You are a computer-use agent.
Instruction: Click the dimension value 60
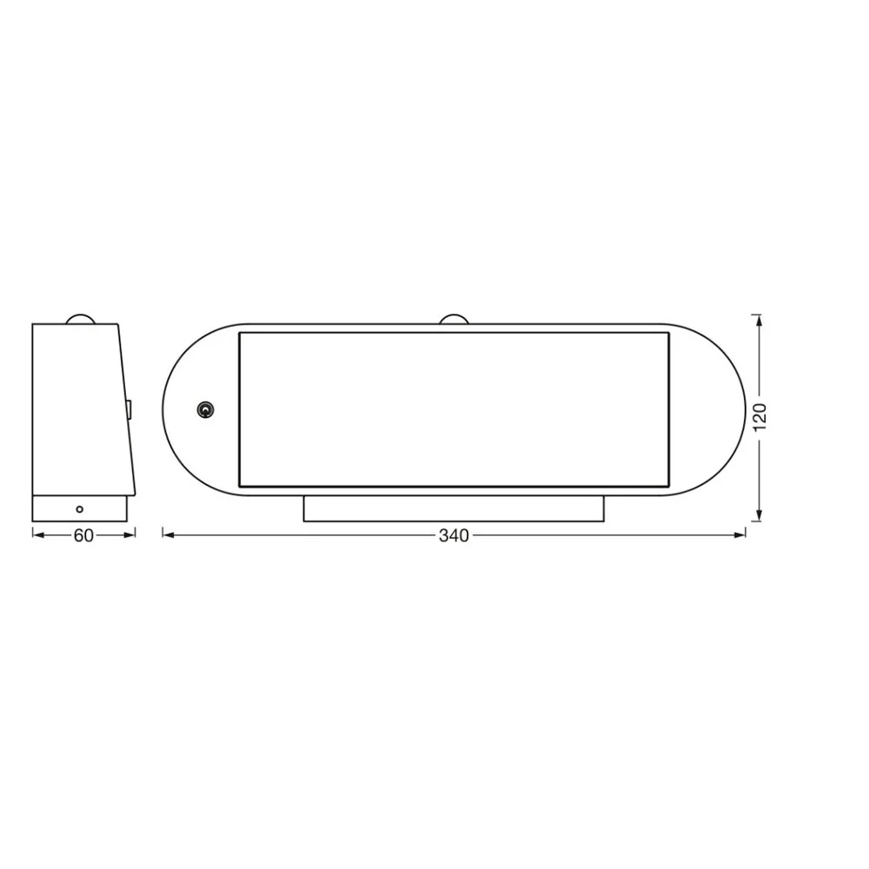pyautogui.click(x=83, y=536)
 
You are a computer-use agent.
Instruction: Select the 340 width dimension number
pyautogui.click(x=454, y=536)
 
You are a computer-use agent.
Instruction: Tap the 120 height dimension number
pyautogui.click(x=760, y=417)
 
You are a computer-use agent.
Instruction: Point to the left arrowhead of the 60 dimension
pyautogui.click(x=37, y=534)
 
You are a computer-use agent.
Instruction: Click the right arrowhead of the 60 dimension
pyautogui.click(x=130, y=534)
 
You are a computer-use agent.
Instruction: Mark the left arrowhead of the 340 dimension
pyautogui.click(x=168, y=534)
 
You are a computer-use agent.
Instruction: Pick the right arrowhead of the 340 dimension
pyautogui.click(x=740, y=534)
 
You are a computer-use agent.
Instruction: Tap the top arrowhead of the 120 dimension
pyautogui.click(x=759, y=321)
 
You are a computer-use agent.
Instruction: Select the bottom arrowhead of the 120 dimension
pyautogui.click(x=759, y=515)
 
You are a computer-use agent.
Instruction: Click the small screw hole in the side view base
pyautogui.click(x=79, y=508)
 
